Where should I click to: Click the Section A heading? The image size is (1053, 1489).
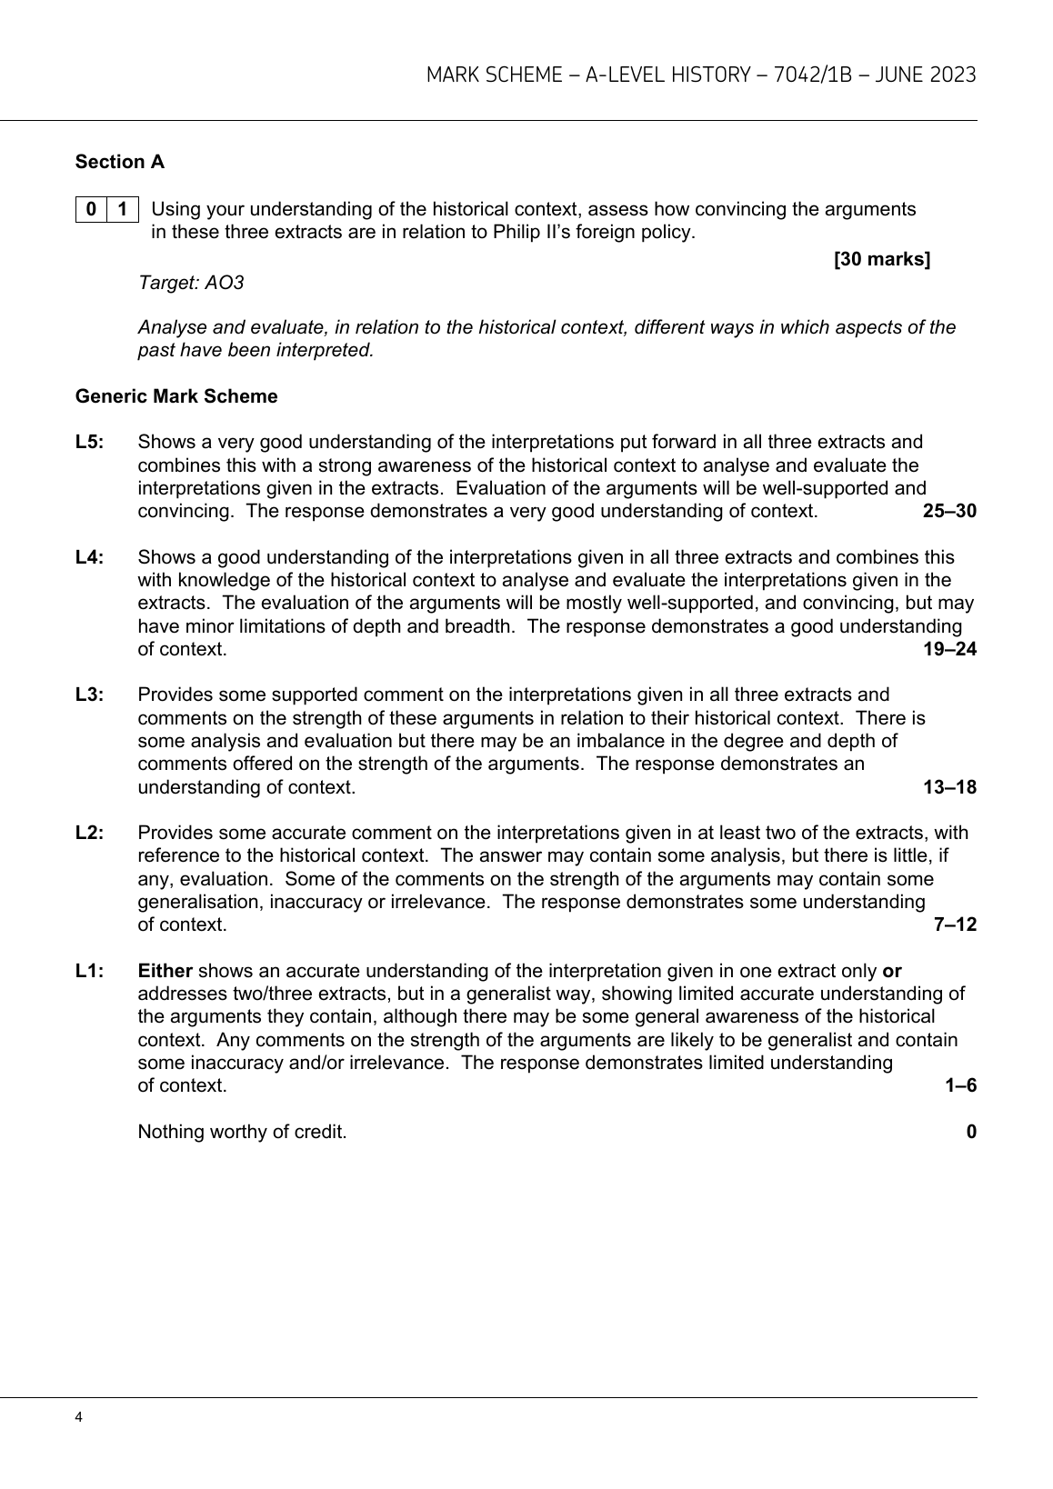pyautogui.click(x=120, y=162)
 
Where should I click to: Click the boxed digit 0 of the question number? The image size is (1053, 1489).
pyautogui.click(x=91, y=210)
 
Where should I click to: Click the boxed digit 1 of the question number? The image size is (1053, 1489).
pyautogui.click(x=123, y=210)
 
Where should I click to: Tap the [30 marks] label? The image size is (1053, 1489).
pyautogui.click(x=882, y=260)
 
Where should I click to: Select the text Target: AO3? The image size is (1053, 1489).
pyautogui.click(x=191, y=283)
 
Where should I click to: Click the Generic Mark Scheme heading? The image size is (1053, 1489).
pyautogui.click(x=176, y=396)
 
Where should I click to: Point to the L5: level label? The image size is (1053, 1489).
pyautogui.click(x=90, y=443)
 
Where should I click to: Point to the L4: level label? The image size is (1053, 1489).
pyautogui.click(x=90, y=557)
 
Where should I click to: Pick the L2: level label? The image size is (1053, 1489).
pyautogui.click(x=90, y=833)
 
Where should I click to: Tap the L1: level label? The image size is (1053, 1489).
pyautogui.click(x=90, y=971)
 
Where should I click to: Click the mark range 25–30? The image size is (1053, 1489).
pyautogui.click(x=949, y=511)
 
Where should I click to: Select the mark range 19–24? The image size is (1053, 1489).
pyautogui.click(x=949, y=649)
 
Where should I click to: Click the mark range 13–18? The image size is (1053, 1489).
pyautogui.click(x=949, y=787)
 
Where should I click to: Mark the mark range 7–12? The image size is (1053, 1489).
pyautogui.click(x=955, y=924)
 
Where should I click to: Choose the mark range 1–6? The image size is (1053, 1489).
pyautogui.click(x=960, y=1085)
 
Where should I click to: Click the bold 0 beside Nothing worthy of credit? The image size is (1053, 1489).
pyautogui.click(x=971, y=1132)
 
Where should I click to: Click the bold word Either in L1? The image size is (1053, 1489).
pyautogui.click(x=165, y=971)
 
